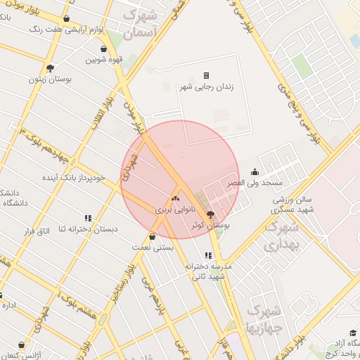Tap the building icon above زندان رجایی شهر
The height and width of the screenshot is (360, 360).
(x=207, y=75)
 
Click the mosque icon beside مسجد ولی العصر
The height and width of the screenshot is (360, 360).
(x=255, y=172)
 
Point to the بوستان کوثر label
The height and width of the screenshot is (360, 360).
(x=212, y=225)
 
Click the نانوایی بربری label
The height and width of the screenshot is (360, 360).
(x=173, y=210)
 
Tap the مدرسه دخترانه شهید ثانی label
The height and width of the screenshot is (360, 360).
(x=208, y=271)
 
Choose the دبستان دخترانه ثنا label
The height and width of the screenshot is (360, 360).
(x=88, y=229)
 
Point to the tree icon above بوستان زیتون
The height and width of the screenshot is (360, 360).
(x=50, y=68)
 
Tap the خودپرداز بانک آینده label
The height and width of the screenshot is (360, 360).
(x=73, y=177)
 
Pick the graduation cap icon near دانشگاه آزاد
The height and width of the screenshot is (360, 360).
(x=352, y=333)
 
